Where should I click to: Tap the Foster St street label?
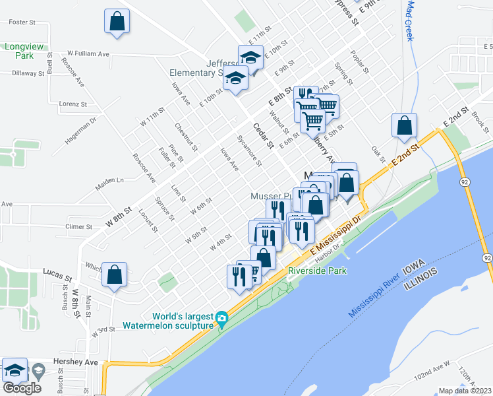(x=21, y=22)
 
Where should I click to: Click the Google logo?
(x=22, y=388)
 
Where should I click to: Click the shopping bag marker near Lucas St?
(x=114, y=275)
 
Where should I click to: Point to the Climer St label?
(x=78, y=226)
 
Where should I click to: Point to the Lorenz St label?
(x=72, y=104)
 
